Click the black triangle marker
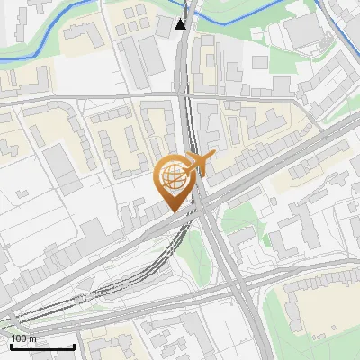pos(182,23)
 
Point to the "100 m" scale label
pos(24,337)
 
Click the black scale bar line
pos(41,346)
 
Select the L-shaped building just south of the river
pos(85,36)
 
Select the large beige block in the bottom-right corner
pos(319,310)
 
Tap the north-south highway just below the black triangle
pos(183,63)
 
